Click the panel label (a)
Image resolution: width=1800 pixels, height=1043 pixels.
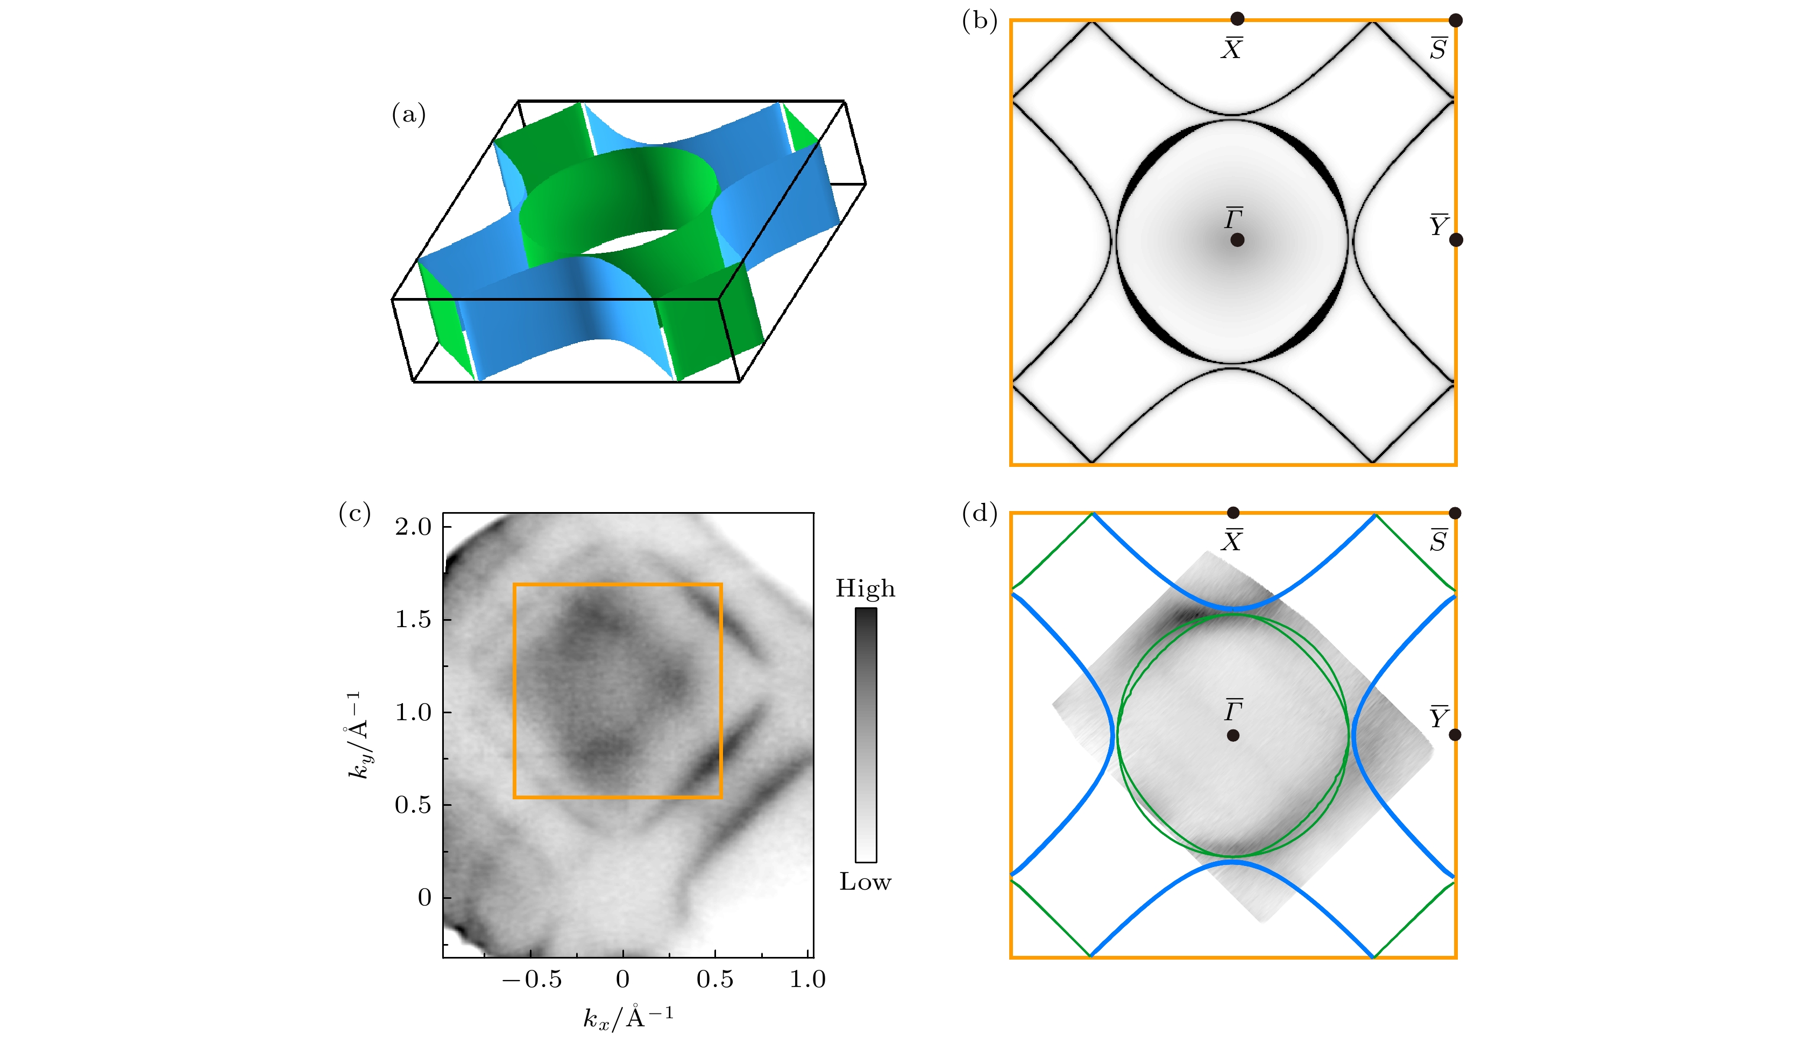point(408,114)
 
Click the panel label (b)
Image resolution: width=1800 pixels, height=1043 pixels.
point(979,21)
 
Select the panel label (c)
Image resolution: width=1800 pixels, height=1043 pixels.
point(355,513)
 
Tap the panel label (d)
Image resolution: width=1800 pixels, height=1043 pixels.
point(979,513)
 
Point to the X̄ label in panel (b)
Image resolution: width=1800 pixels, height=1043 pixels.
point(1231,48)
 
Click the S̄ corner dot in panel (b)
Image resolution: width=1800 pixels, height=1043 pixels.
point(1455,20)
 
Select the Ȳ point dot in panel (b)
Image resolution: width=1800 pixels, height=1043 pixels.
point(1456,240)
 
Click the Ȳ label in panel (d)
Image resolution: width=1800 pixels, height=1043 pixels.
point(1438,716)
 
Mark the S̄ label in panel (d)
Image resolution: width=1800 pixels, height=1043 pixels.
point(1438,541)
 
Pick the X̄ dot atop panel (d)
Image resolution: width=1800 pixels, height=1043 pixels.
point(1233,512)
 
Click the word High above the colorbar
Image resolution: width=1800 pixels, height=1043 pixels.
point(865,588)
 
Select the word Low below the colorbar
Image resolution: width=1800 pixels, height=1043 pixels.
point(865,882)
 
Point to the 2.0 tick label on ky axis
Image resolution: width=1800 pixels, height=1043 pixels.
point(414,527)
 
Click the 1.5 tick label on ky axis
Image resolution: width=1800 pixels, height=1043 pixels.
point(414,619)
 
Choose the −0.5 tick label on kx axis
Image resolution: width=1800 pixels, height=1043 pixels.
point(532,980)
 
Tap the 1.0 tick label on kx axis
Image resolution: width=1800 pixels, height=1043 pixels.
point(807,980)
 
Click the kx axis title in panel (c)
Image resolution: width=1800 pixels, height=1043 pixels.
point(628,1017)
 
